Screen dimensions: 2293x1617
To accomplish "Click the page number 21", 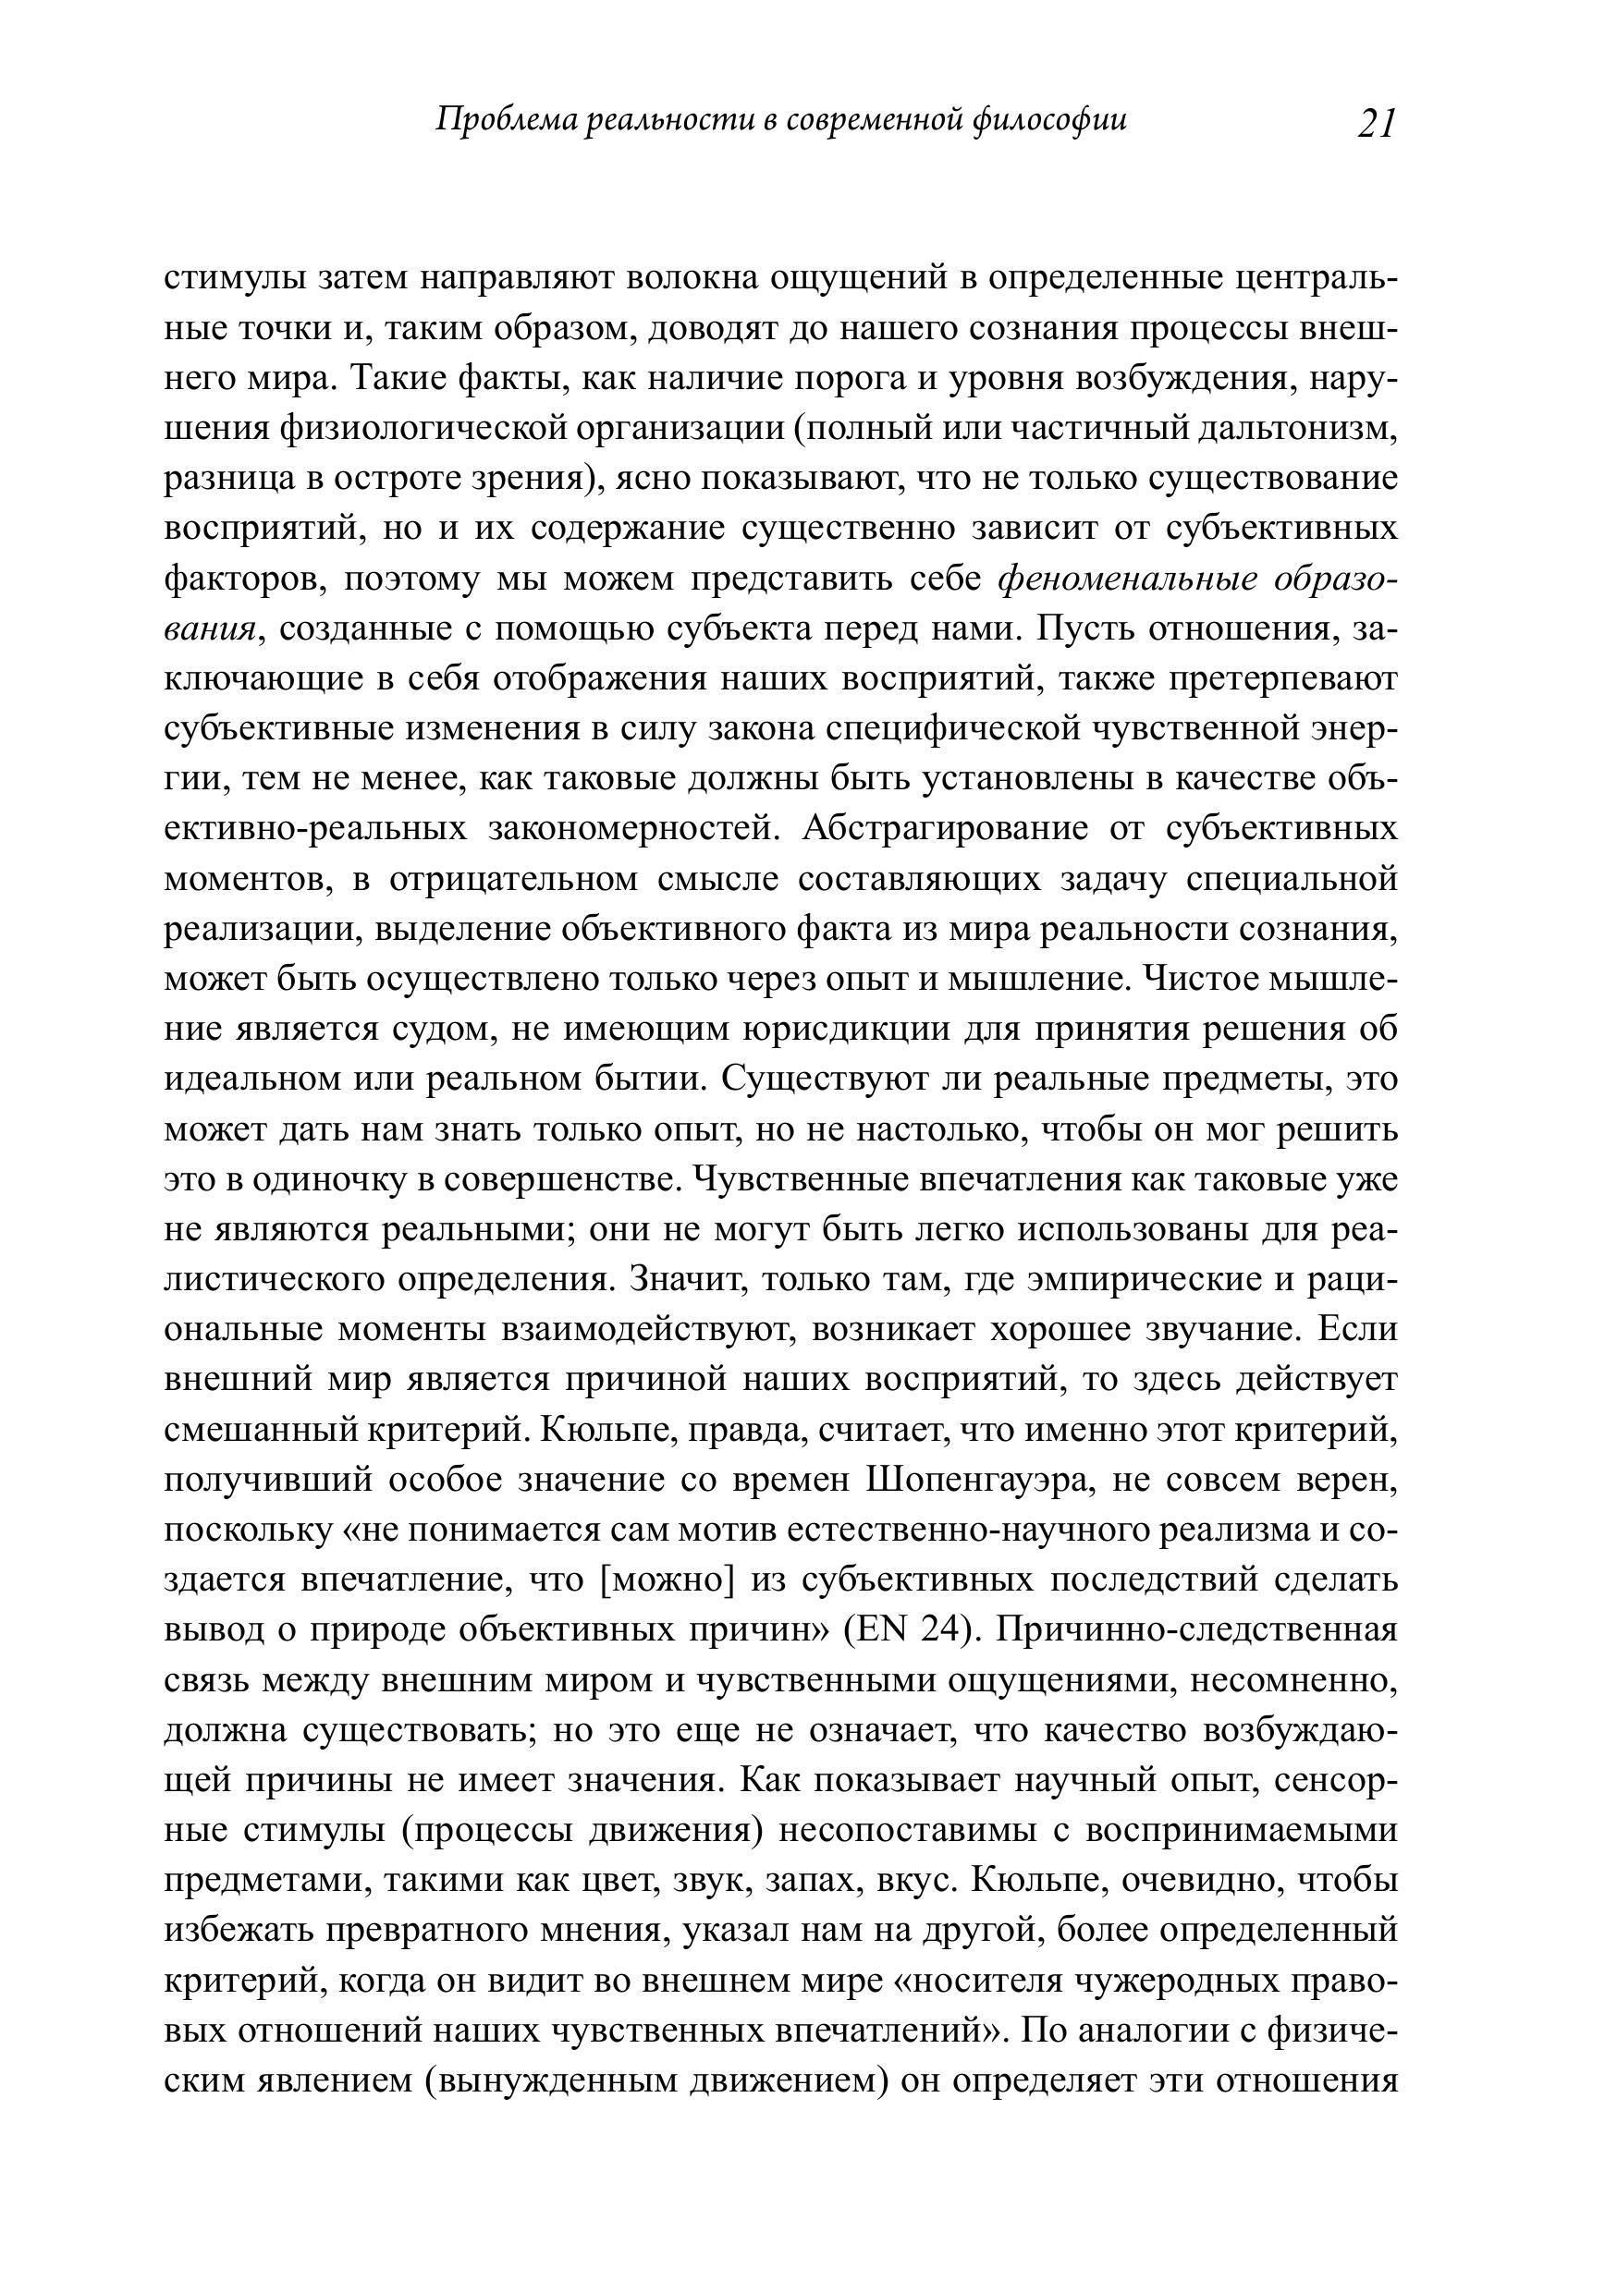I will click(x=1377, y=123).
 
